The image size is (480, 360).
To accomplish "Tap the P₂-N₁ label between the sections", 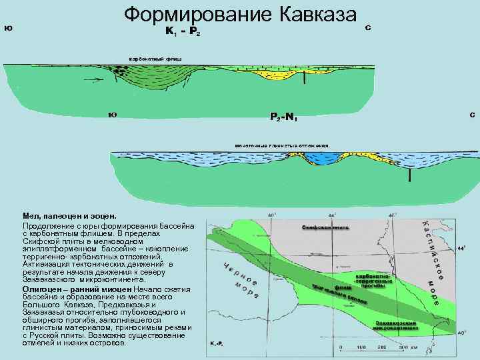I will (283, 117).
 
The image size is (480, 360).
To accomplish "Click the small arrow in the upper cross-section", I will (96, 80).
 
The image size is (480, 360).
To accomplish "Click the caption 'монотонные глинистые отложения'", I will (282, 145).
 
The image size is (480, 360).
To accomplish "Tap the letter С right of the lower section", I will (472, 115).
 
